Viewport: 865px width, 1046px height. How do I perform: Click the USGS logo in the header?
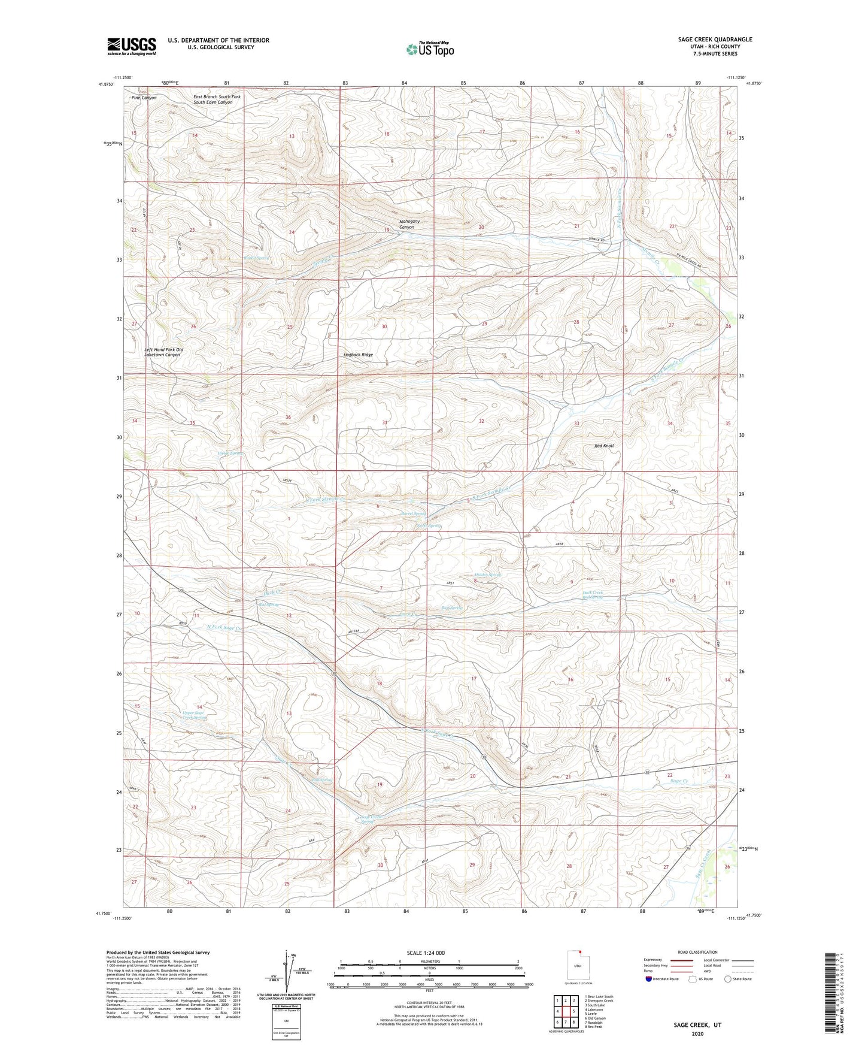[x=132, y=46]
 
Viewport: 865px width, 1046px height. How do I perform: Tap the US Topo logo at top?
[x=429, y=49]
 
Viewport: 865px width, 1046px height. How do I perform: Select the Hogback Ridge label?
[x=358, y=355]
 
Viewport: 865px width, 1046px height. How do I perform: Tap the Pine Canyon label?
[x=144, y=98]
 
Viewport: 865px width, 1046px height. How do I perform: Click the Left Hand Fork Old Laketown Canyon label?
[x=163, y=352]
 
